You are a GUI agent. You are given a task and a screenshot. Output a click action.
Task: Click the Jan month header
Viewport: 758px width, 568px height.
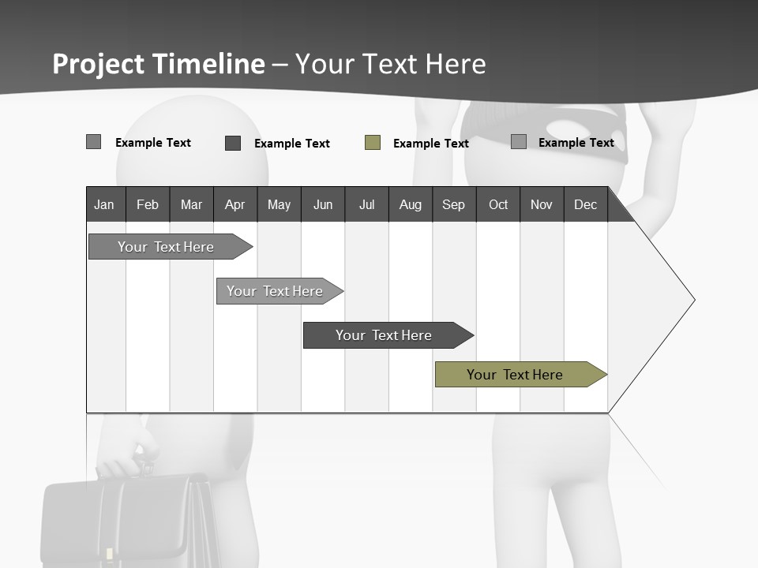[x=105, y=204]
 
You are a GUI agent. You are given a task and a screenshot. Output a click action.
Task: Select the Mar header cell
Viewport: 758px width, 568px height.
[x=191, y=204]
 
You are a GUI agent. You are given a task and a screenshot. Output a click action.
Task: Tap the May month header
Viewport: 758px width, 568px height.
[x=279, y=204]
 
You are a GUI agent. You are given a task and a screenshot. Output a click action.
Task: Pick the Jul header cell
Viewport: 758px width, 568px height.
[x=366, y=204]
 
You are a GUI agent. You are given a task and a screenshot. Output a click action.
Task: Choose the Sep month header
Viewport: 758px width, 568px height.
[x=453, y=204]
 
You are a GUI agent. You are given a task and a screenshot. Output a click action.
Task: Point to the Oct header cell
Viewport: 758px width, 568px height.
[x=498, y=204]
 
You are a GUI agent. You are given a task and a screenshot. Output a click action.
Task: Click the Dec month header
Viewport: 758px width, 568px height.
[x=586, y=204]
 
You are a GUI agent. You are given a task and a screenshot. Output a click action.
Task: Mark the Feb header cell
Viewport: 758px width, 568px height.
[x=148, y=204]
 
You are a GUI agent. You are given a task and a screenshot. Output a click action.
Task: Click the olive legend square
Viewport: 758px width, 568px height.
[x=373, y=143]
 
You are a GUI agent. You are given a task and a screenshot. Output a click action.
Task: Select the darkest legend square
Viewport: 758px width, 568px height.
[x=233, y=143]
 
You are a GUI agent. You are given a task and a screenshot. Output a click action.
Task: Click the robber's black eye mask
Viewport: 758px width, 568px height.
[x=545, y=130]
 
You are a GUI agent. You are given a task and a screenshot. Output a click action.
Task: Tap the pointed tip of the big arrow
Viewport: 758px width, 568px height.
[x=693, y=300]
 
